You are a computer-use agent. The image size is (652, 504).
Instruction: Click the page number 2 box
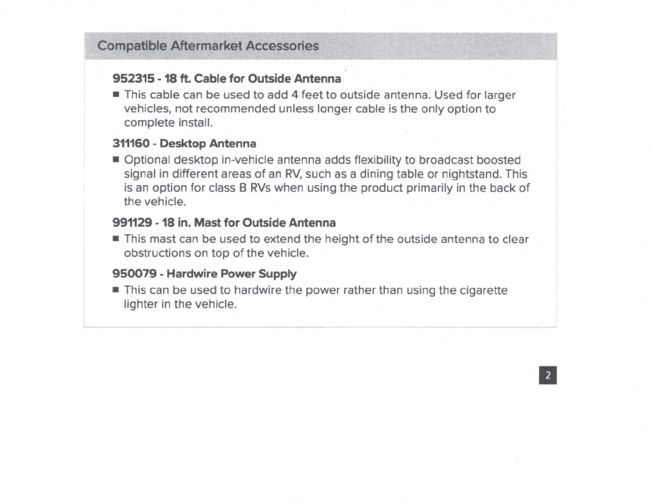click(547, 375)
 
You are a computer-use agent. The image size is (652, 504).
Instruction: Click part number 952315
click(133, 79)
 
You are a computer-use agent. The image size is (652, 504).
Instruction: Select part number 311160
click(131, 144)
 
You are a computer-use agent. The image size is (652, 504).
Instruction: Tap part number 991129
click(132, 223)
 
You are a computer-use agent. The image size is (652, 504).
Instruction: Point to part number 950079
click(134, 274)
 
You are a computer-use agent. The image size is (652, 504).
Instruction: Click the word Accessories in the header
click(282, 46)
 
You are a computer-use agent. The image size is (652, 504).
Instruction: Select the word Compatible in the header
click(132, 46)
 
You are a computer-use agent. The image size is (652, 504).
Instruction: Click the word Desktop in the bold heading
click(182, 144)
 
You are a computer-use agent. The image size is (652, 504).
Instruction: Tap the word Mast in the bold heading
click(208, 223)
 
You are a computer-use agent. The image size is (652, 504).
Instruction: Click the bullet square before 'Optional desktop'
click(116, 160)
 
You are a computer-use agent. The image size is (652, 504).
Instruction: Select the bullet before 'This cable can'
click(116, 95)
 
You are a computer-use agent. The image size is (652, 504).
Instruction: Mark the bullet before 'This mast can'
click(116, 239)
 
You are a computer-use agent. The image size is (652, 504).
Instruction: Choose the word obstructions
click(157, 253)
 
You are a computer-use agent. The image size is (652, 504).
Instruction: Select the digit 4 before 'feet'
click(294, 95)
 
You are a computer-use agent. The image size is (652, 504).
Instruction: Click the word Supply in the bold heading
click(277, 274)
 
